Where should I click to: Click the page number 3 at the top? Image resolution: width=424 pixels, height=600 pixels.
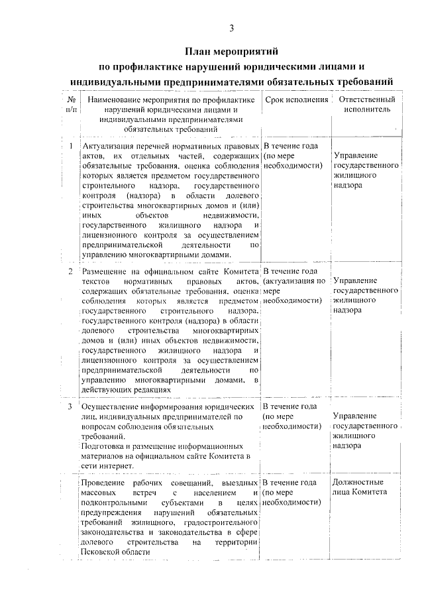pos(231,27)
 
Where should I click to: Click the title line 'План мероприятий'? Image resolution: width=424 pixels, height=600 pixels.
pos(231,51)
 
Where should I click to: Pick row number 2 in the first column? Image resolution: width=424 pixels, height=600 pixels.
pos(70,272)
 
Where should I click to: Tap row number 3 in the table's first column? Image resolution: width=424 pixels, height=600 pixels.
pos(70,406)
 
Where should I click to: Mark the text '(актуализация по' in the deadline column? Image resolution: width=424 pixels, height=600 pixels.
pos(293,282)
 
